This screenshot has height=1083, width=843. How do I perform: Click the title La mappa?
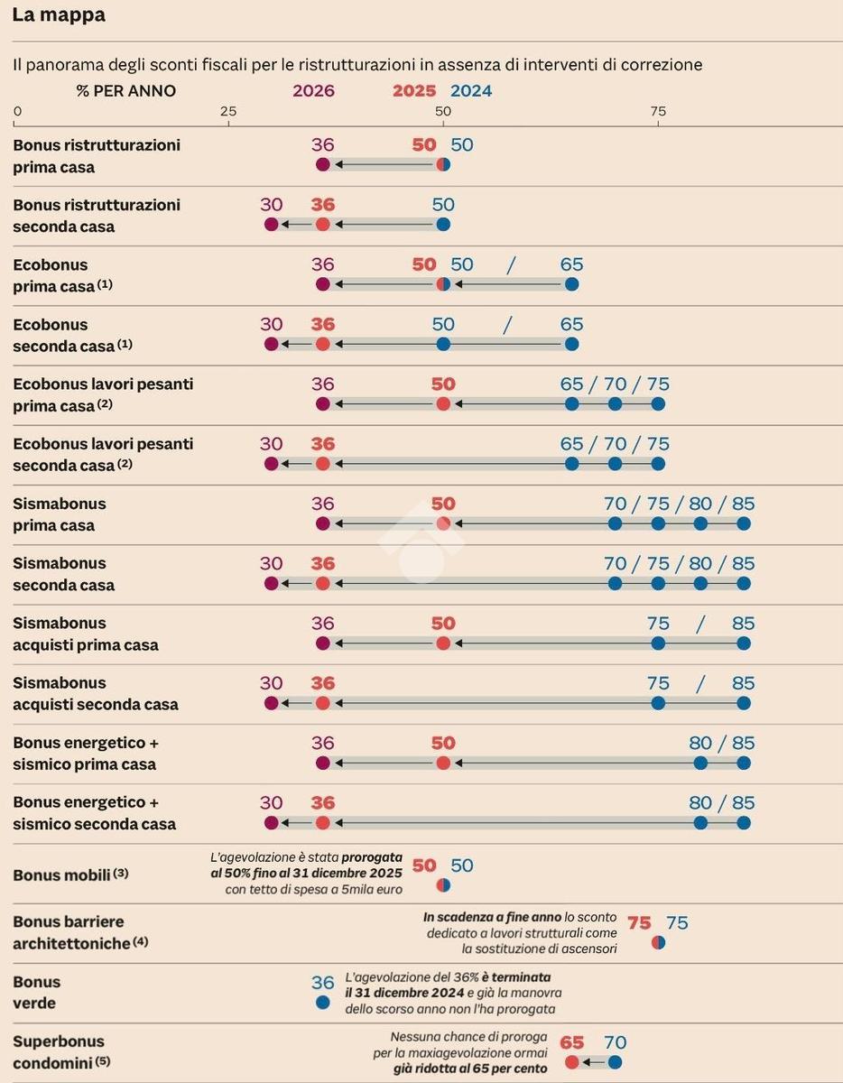tap(59, 15)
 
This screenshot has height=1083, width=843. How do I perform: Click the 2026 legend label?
tap(313, 91)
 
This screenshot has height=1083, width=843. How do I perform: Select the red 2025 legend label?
tap(414, 91)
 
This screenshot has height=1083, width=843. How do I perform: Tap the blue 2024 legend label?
tap(471, 91)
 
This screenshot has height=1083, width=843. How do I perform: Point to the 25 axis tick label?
tap(227, 111)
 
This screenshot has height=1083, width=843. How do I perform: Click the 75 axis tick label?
tap(658, 111)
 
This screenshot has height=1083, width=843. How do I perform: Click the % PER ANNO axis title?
tap(126, 91)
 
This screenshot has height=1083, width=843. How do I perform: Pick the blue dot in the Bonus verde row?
tap(322, 1002)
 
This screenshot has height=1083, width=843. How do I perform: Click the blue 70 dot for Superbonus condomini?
tap(615, 1062)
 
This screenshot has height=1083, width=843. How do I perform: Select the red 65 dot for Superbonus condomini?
tap(572, 1062)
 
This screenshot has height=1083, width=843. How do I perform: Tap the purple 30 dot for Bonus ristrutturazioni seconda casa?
tap(272, 225)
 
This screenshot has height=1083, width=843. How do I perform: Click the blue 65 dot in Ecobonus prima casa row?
tap(572, 284)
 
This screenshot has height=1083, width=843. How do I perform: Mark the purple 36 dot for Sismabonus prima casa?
tap(323, 524)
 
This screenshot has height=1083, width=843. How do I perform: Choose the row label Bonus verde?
tap(36, 992)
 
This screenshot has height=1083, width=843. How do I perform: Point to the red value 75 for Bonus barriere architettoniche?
tap(639, 922)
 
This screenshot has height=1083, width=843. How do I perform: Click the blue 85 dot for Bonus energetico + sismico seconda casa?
tap(744, 823)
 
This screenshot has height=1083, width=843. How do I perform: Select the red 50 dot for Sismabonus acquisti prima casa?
tap(443, 643)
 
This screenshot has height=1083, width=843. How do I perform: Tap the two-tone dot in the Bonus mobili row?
tap(443, 884)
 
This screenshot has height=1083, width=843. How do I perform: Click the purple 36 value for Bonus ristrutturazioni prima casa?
tap(322, 144)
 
